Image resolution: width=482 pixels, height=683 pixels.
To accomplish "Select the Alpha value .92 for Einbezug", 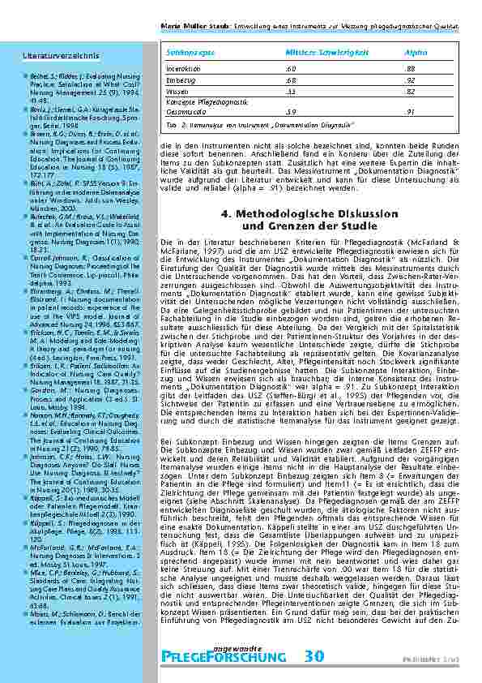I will [410, 81].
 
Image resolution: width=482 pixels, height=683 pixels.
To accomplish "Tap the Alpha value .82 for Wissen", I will [410, 92].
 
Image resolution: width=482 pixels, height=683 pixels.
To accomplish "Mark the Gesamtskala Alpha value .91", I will [411, 111].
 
